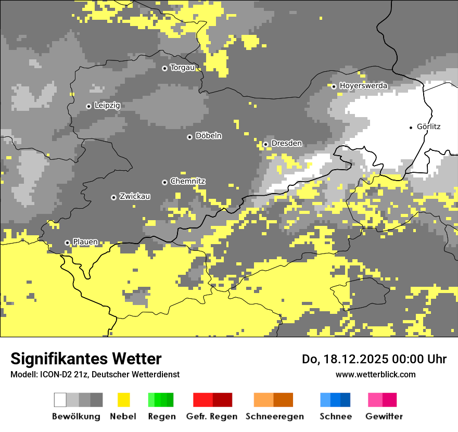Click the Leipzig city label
point(107,106)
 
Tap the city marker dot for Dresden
point(265,144)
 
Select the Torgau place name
point(182,68)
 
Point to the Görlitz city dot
point(411,127)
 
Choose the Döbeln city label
point(208,136)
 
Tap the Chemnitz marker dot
point(165,182)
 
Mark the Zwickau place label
point(135,196)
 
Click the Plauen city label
point(85,242)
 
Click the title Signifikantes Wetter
point(86,359)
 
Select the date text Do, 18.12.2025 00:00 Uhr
point(374,359)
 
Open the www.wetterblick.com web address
point(376,374)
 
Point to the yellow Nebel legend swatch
point(124,400)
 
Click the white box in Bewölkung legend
point(60,400)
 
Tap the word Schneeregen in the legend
point(274,416)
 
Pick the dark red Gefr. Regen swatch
point(222,400)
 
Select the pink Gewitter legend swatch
point(375,400)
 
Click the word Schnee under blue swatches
point(335,416)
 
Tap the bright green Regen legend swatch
point(151,400)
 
